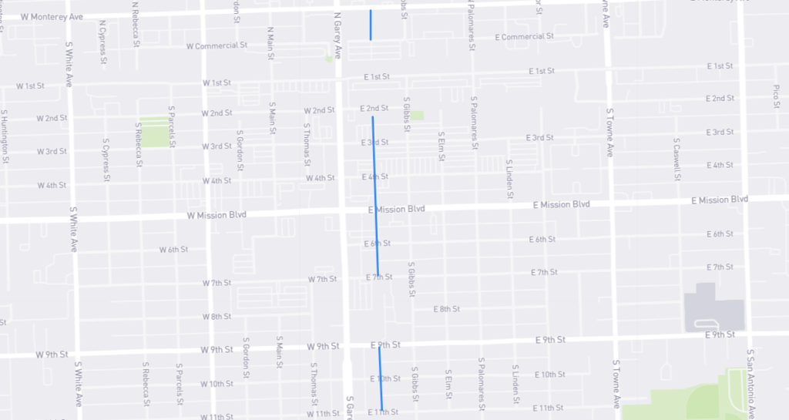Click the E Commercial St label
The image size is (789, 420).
[x=524, y=37]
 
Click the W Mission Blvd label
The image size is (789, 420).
[x=217, y=215]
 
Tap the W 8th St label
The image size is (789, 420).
[x=217, y=317]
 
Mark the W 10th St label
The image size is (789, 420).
[x=217, y=384]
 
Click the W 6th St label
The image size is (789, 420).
[x=173, y=250]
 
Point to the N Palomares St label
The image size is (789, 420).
[x=469, y=23]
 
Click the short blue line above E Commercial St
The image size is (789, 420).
[x=371, y=25]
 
